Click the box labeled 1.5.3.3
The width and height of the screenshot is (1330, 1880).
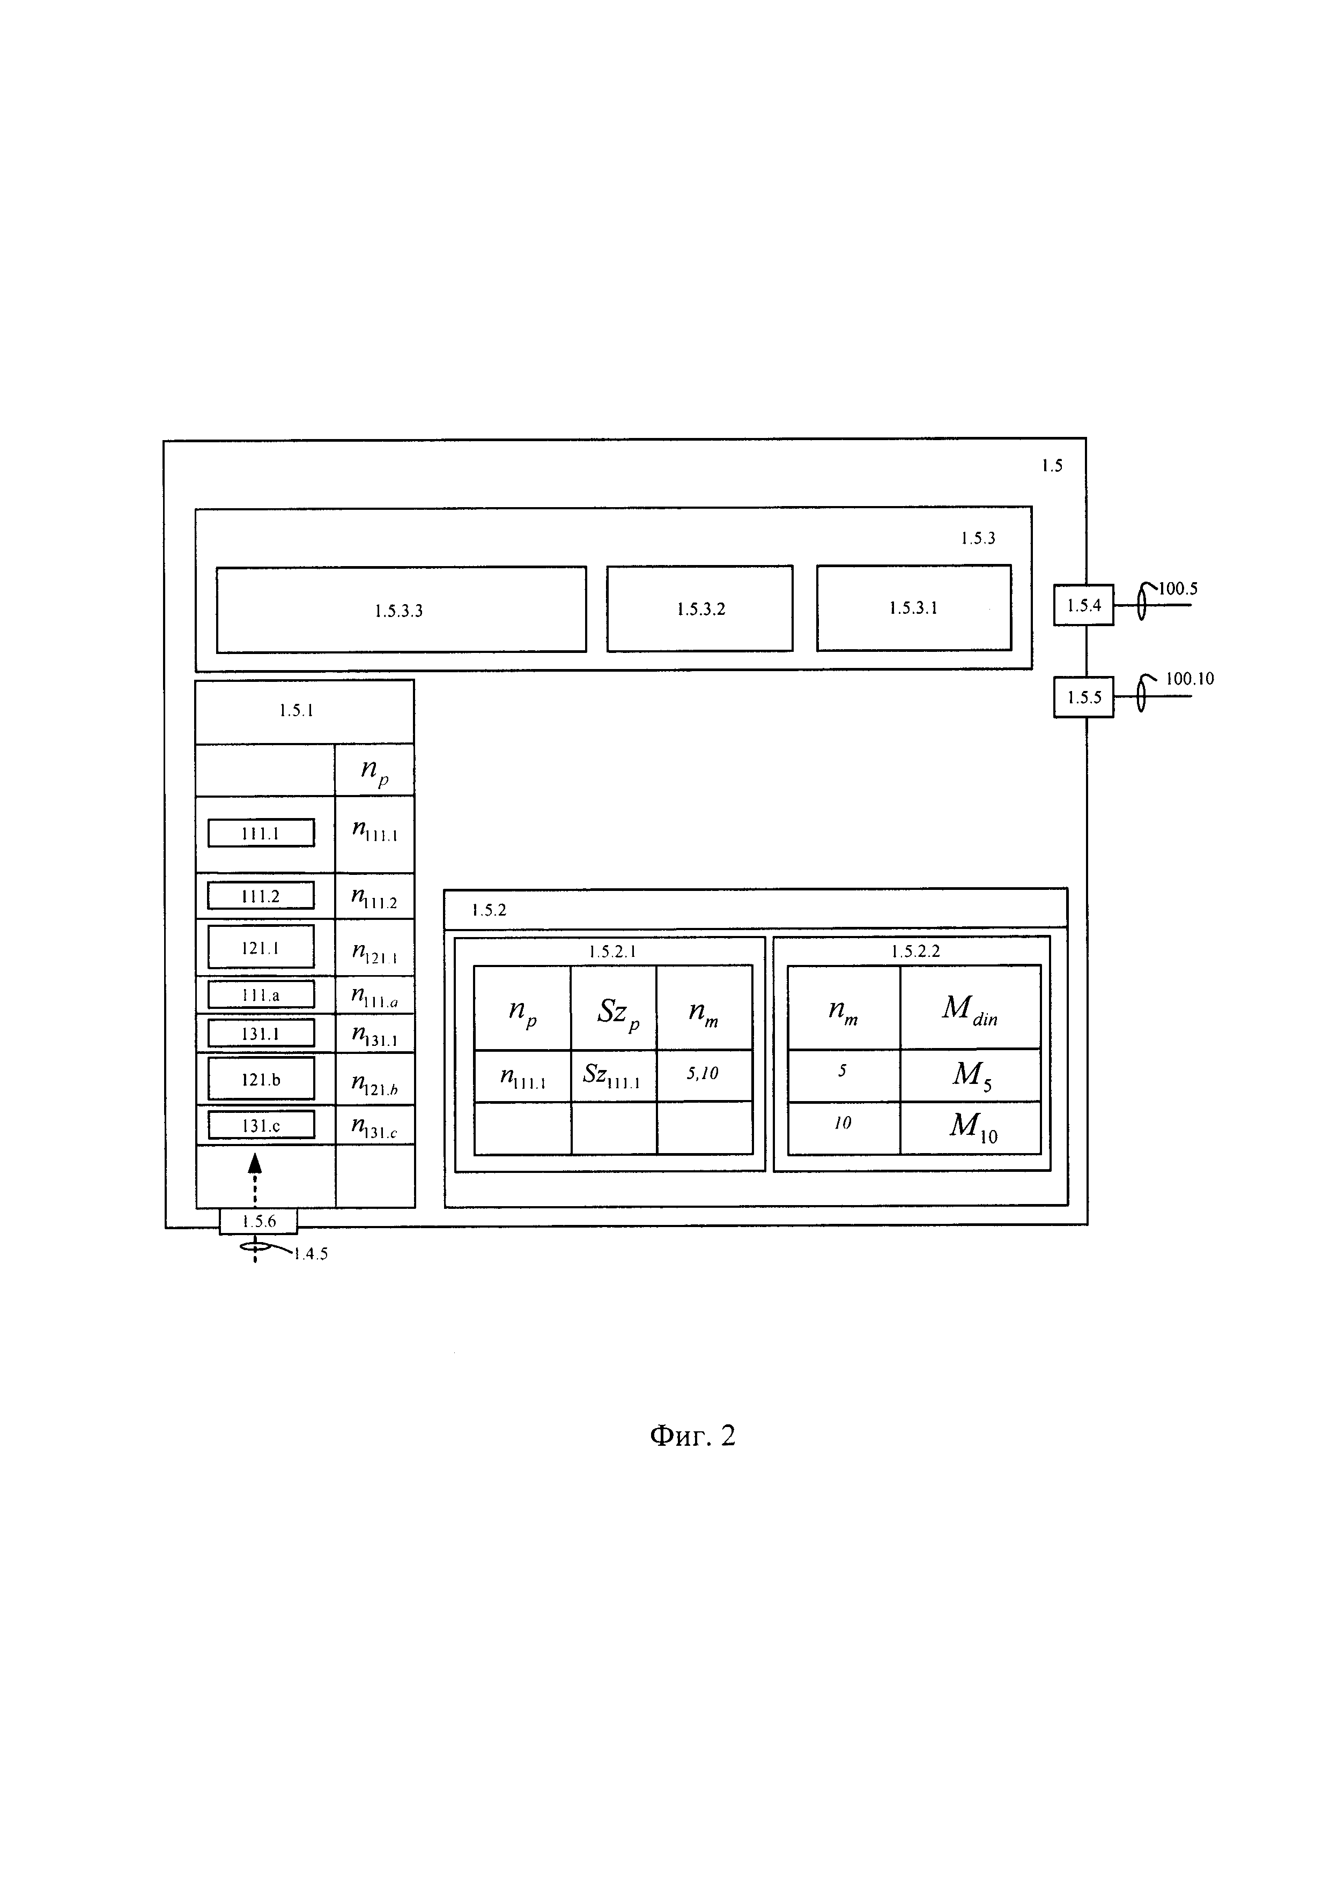pos(401,609)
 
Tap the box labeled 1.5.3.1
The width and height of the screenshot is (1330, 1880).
pos(914,607)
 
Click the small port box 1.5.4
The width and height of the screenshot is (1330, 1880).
pos(1083,605)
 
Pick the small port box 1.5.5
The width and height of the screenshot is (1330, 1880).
pos(1083,697)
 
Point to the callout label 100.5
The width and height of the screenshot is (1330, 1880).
pos(1178,589)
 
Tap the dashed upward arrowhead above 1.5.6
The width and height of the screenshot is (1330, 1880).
pos(255,1163)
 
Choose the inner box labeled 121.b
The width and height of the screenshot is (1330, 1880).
pos(261,1079)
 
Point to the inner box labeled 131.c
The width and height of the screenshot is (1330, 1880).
pos(261,1125)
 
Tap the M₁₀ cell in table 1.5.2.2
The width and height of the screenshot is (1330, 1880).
pos(971,1127)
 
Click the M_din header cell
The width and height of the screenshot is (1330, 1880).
pos(971,1007)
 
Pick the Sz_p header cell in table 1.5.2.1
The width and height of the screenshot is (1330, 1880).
pos(614,1007)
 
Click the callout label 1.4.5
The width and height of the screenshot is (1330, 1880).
pos(311,1254)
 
